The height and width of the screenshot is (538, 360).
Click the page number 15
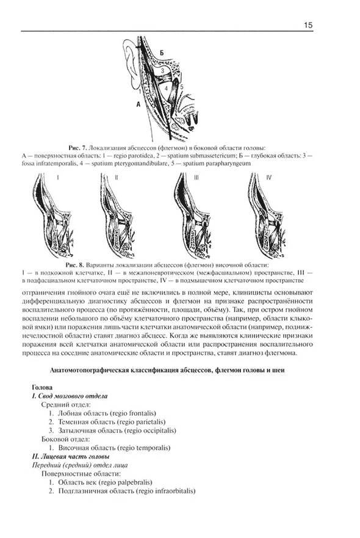pos(309,25)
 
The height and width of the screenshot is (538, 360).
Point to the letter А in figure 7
pos(139,104)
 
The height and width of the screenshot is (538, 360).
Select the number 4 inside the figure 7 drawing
pos(165,89)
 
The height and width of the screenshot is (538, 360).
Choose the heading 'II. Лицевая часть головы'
pos(70,456)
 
